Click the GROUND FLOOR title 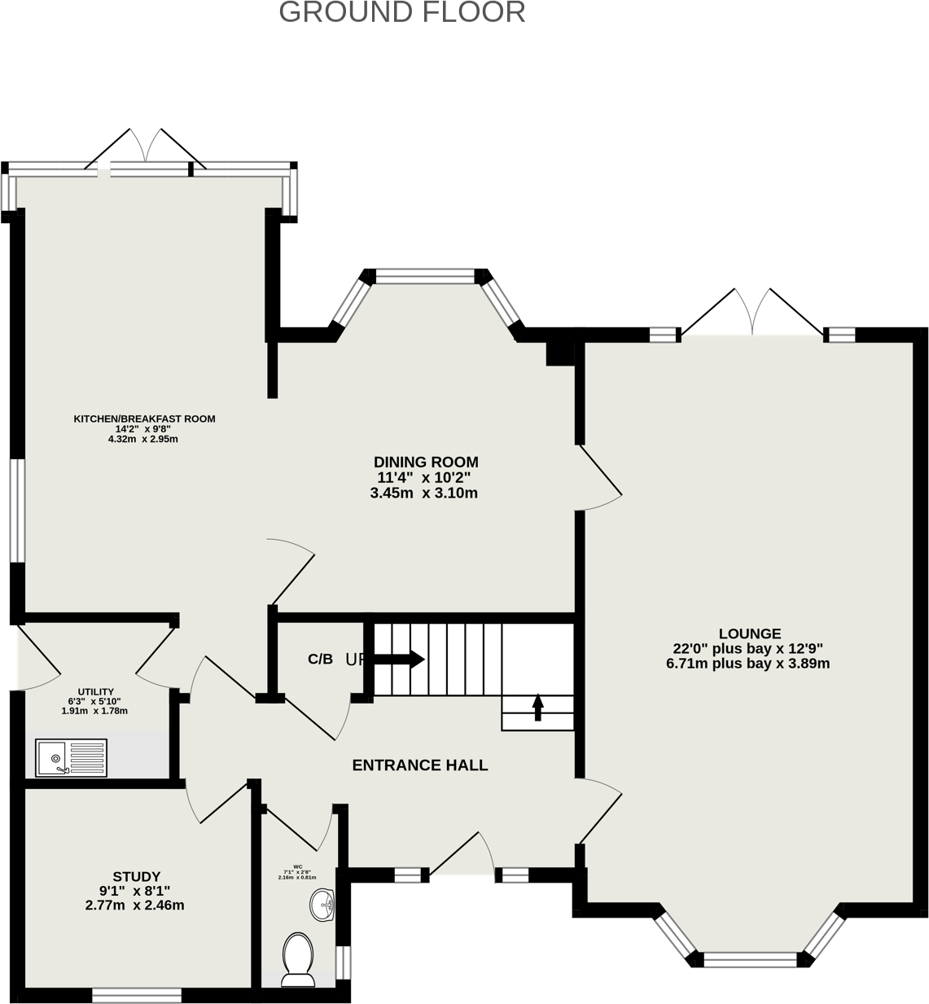[x=402, y=13]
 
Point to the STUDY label [x=136, y=877]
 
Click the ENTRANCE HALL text [x=420, y=765]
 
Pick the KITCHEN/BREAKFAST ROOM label [x=145, y=419]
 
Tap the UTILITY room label [x=95, y=692]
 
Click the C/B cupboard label [x=320, y=660]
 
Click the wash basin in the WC [x=324, y=903]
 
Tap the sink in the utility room [x=71, y=757]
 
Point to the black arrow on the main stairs [x=399, y=659]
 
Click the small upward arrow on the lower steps [x=537, y=707]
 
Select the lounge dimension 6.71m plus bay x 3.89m [x=747, y=664]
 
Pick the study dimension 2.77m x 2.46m [x=135, y=905]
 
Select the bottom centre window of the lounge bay [x=750, y=959]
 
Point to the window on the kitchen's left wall [x=17, y=511]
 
